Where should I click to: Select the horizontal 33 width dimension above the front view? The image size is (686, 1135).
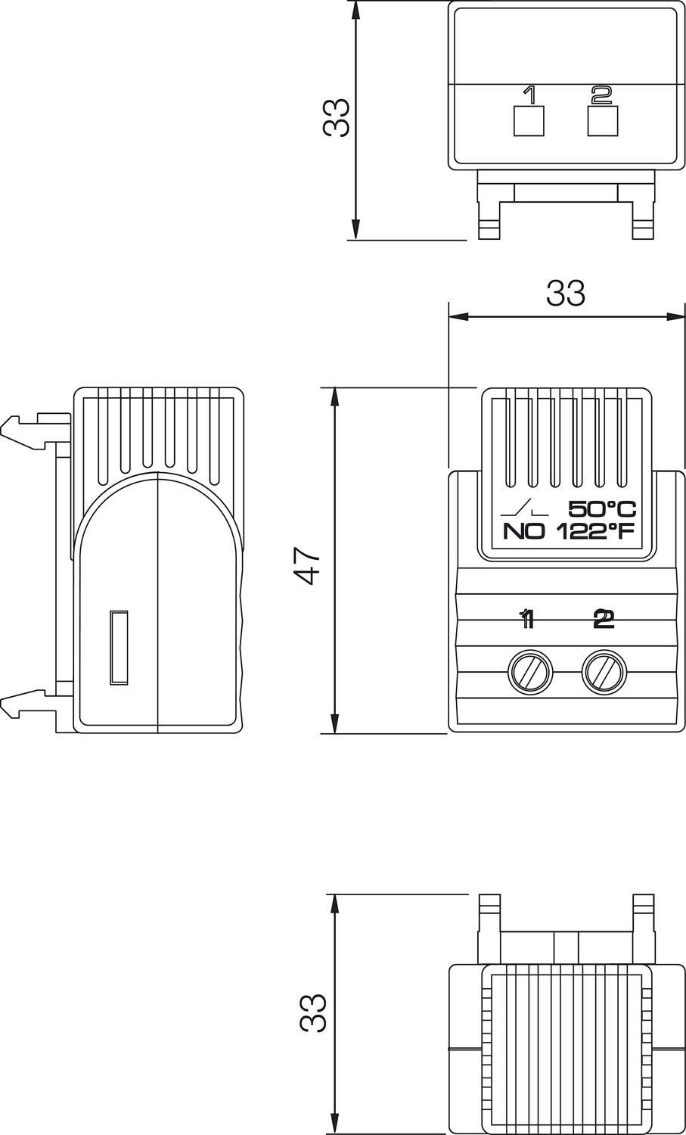pyautogui.click(x=566, y=294)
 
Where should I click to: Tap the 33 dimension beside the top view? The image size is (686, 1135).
pyautogui.click(x=337, y=117)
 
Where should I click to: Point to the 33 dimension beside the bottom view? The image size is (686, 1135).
pyautogui.click(x=312, y=1013)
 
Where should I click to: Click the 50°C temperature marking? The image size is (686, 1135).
pyautogui.click(x=602, y=509)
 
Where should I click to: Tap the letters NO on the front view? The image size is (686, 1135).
pyautogui.click(x=523, y=531)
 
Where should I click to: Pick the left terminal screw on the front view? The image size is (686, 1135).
pyautogui.click(x=529, y=670)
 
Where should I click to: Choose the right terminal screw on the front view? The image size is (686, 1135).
pyautogui.click(x=604, y=670)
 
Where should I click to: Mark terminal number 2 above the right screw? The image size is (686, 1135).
pyautogui.click(x=603, y=620)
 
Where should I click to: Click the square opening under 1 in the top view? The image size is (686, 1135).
pyautogui.click(x=529, y=121)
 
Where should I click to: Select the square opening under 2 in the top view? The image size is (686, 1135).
pyautogui.click(x=603, y=121)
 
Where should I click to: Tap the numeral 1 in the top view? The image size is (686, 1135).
pyautogui.click(x=529, y=95)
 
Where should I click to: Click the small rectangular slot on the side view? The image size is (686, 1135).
pyautogui.click(x=119, y=647)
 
